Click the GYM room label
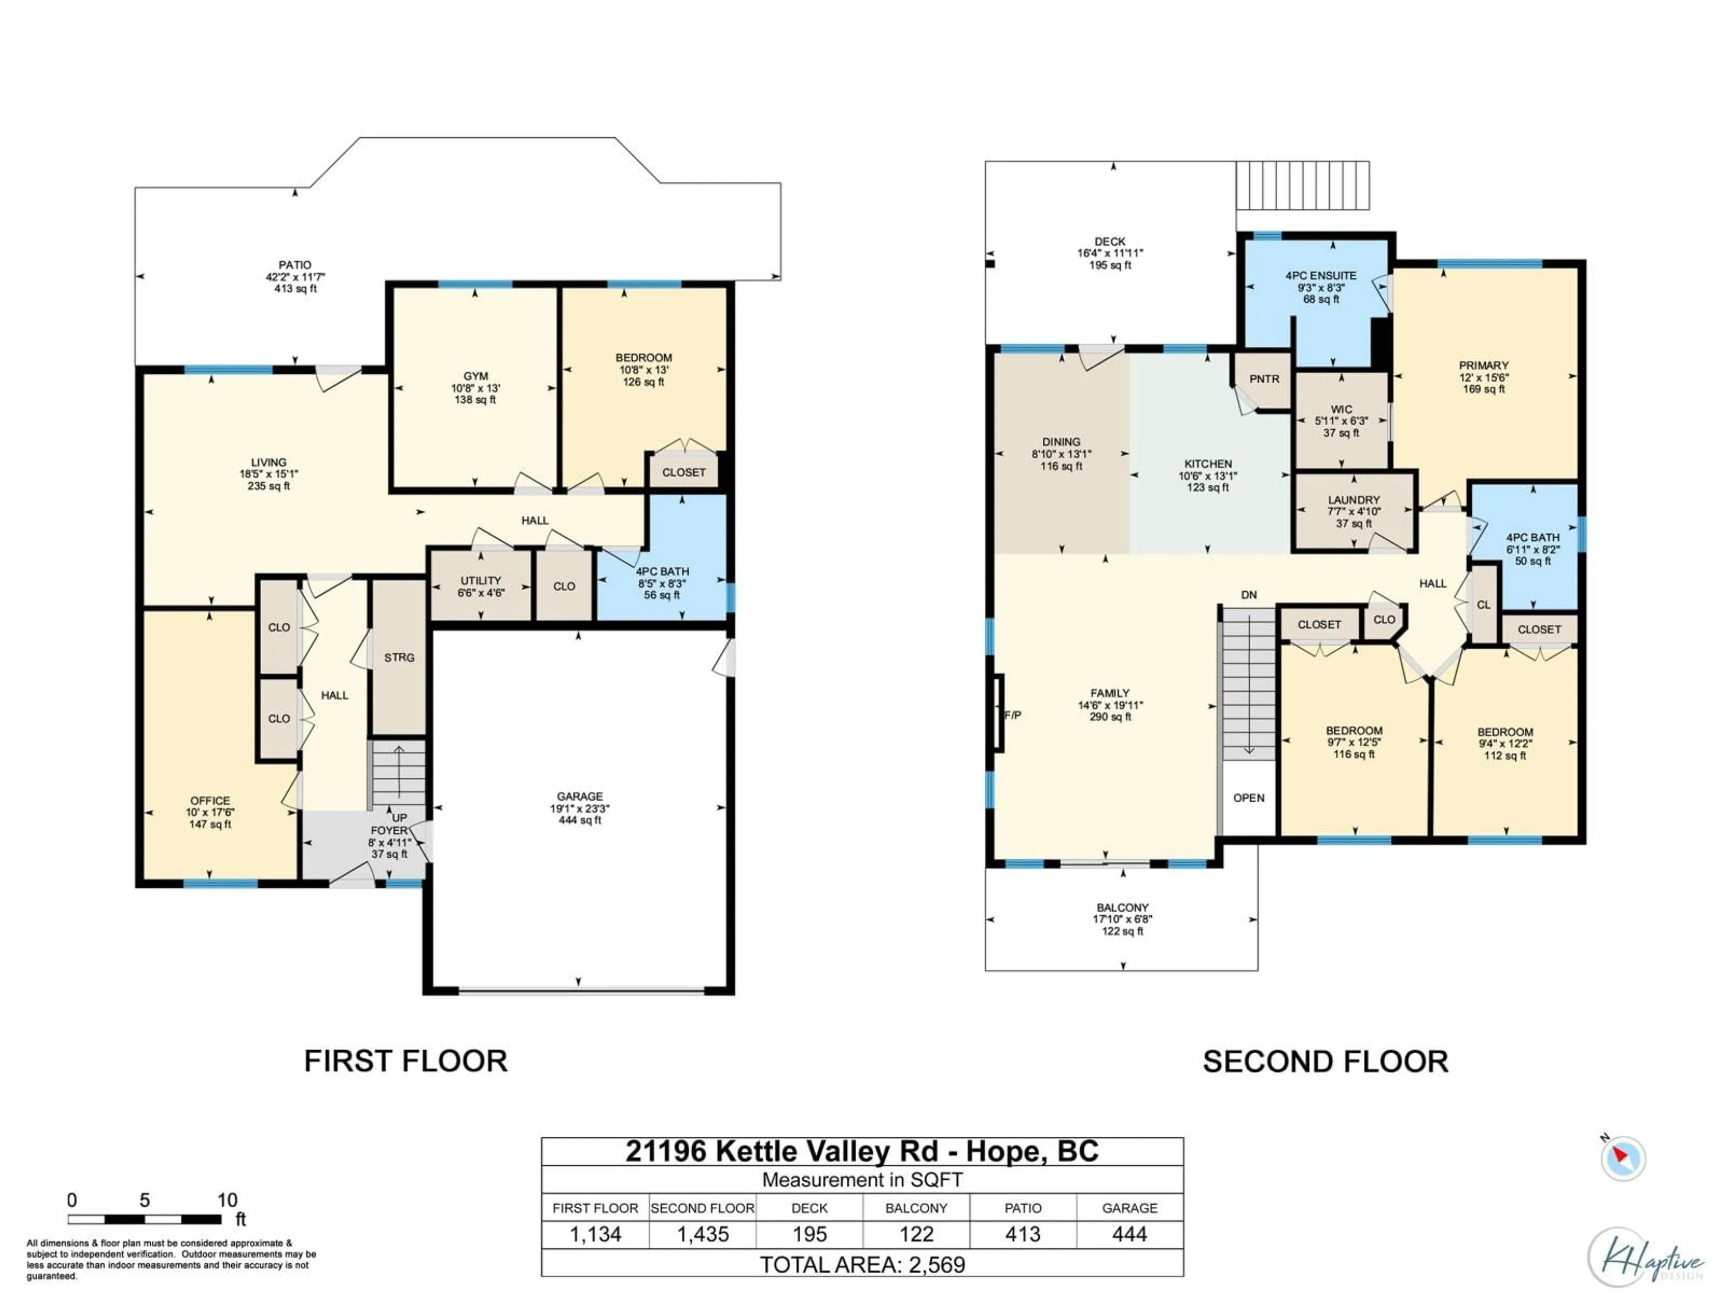475,376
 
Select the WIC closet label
1341,409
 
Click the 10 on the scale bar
227,1200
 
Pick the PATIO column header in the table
1023,1208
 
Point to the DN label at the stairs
1249,595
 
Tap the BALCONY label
1122,907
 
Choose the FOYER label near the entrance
389,831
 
